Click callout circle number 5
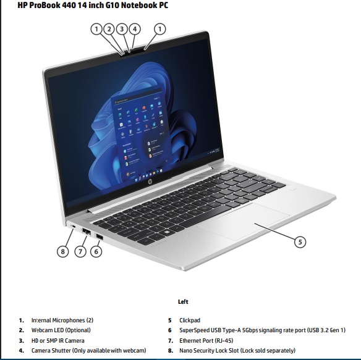coord(300,242)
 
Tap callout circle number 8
coord(62,251)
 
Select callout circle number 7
coord(80,251)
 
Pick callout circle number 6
coord(96,251)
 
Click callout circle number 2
coord(109,29)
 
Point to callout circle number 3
coord(122,29)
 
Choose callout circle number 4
coord(135,29)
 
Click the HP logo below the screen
coord(150,182)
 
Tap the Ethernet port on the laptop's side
coord(87,232)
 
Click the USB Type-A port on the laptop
coord(100,237)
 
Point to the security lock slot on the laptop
coord(74,227)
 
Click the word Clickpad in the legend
coord(190,320)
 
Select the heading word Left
coord(183,301)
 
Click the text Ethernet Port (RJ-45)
coord(206,340)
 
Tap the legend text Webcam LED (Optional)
coord(61,330)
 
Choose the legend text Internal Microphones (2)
coord(62,320)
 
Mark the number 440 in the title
coord(69,5)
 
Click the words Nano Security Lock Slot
coord(209,350)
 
